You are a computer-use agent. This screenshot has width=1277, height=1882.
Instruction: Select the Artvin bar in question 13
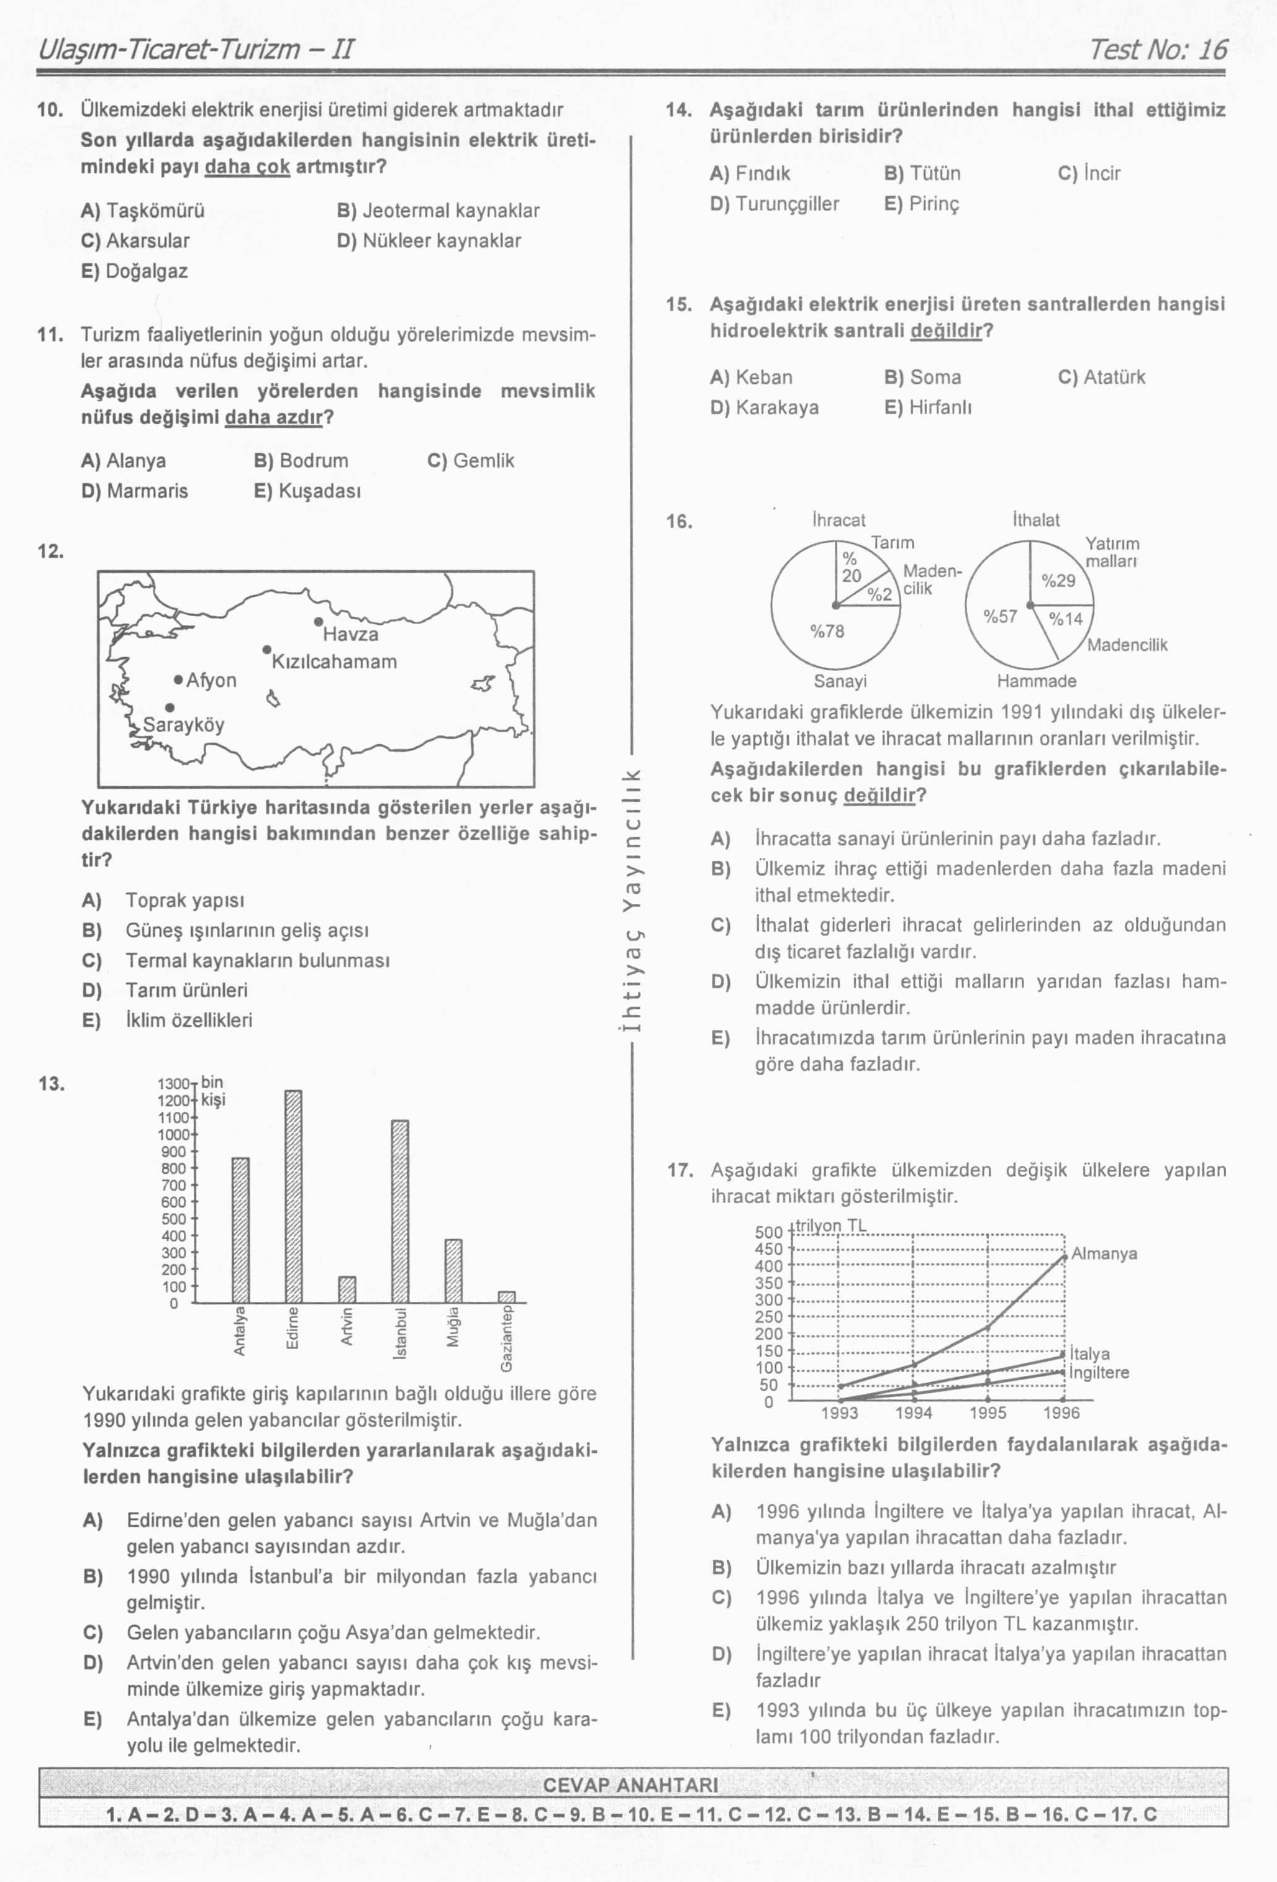tap(347, 1289)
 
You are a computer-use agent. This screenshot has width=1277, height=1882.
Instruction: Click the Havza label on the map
tap(350, 634)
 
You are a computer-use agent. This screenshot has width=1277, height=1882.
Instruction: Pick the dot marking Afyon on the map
tap(178, 679)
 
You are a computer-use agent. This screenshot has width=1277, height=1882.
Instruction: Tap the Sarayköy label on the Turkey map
tap(184, 725)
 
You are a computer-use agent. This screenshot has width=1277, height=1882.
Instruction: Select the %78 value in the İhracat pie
tap(827, 632)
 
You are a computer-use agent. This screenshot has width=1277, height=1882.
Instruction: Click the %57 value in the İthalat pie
tap(1000, 616)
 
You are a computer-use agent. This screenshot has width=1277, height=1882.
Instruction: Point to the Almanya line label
tap(1104, 1253)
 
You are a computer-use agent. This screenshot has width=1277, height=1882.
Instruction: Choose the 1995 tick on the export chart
tap(988, 1413)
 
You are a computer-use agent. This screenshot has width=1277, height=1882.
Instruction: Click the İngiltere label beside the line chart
tap(1099, 1373)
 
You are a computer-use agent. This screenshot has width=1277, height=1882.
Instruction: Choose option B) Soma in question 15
tap(922, 378)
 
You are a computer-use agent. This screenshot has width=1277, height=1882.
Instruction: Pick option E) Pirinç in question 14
tap(922, 204)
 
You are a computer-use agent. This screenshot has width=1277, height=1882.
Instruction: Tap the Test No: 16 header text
tap(1158, 50)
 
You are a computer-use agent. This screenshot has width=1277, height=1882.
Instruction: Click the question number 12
tap(50, 552)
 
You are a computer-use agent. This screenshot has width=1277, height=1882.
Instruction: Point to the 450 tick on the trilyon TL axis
tap(768, 1248)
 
